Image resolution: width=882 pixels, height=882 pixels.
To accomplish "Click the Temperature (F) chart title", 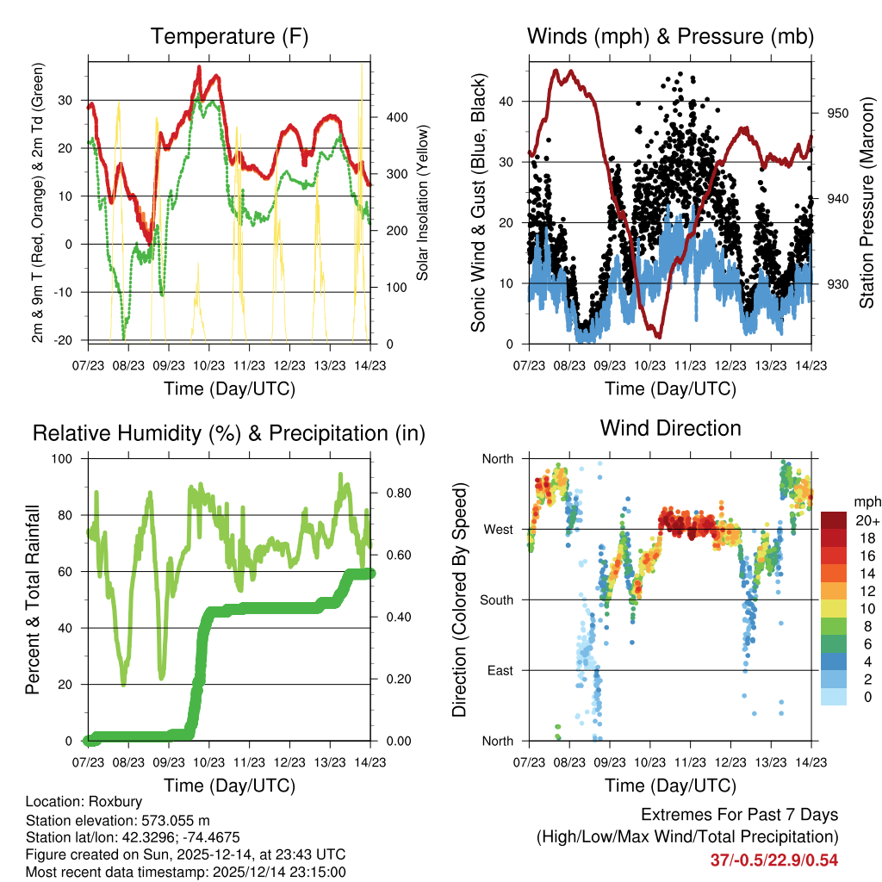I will point(228,36).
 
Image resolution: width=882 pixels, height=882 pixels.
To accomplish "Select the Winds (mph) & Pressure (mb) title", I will point(670,36).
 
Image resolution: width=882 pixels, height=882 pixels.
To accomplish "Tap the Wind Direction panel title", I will point(670,428).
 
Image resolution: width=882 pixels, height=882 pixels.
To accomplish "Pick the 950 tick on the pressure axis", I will point(838,113).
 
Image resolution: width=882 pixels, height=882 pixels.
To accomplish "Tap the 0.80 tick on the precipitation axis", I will point(392,494).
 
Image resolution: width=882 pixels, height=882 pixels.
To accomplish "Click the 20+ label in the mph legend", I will point(866,521).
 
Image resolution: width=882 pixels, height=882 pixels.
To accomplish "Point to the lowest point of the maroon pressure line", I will point(659,335).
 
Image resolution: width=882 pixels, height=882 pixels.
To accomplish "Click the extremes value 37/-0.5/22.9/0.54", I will point(773,860).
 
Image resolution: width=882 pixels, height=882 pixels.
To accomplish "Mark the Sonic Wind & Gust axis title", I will point(478,202).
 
